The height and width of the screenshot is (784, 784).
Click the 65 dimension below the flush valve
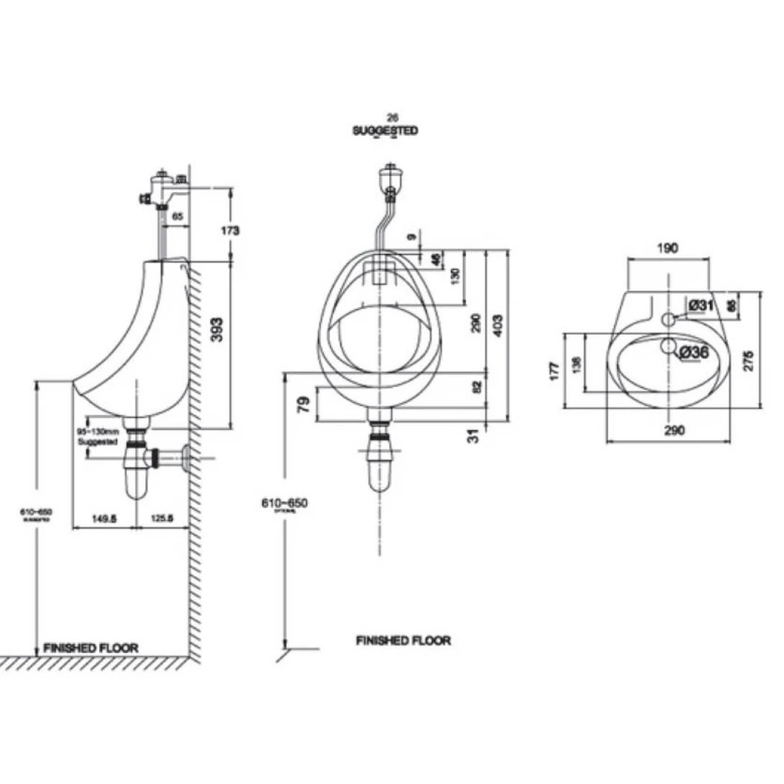coord(178,215)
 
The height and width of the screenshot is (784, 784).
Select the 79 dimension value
coord(303,404)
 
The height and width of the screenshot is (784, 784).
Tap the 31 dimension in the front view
coord(473,435)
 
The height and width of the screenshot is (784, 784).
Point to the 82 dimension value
coord(475,387)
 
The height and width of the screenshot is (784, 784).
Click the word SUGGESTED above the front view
coord(385,131)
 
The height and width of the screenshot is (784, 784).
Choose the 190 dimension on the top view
coord(667,248)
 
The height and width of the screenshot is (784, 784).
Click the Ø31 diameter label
coord(700,305)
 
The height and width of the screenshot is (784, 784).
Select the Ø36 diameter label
coord(693,352)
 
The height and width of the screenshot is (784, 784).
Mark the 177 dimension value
coord(554,371)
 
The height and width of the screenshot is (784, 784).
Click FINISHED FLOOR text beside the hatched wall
coord(91,647)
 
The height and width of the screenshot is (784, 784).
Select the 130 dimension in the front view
coord(454,277)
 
